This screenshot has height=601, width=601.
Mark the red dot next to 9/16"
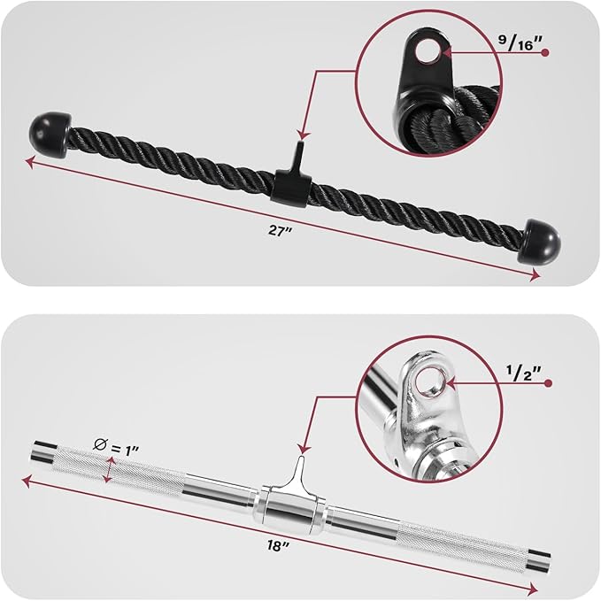[x=546, y=53]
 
